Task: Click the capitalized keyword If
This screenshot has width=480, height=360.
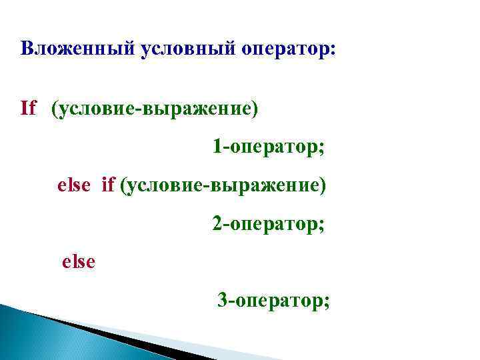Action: [x=28, y=108]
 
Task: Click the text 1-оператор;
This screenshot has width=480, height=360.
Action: [x=268, y=146]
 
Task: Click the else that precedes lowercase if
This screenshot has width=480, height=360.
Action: [x=73, y=184]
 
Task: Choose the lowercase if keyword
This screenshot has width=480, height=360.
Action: [x=108, y=184]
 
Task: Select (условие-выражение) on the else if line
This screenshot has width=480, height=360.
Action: [x=223, y=185]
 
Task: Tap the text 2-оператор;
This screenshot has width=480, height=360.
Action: [x=268, y=223]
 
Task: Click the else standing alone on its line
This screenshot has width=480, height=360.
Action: [x=79, y=261]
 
